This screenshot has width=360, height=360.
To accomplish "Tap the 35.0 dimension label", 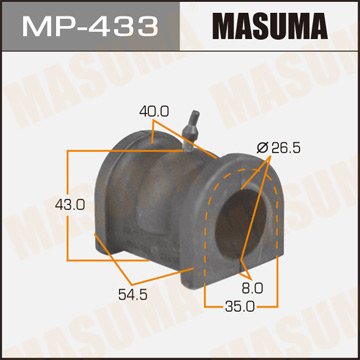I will tap(236, 307).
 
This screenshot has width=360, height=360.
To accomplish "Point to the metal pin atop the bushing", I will tap(193, 124).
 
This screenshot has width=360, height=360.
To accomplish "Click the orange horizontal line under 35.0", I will tap(241, 317).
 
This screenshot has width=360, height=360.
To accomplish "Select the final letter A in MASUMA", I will tap(333, 25).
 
